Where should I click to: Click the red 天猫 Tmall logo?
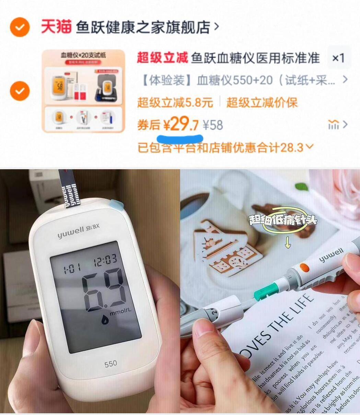(x=56, y=27)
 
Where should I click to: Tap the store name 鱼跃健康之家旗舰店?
(x=142, y=27)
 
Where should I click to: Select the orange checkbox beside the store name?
(x=20, y=27)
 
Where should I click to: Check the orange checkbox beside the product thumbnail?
(x=20, y=91)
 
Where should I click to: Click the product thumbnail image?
(x=83, y=91)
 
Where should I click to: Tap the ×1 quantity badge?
(x=338, y=58)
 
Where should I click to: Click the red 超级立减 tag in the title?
(x=162, y=58)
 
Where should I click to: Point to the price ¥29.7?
(x=181, y=125)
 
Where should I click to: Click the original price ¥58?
(x=213, y=125)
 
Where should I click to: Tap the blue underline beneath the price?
(x=179, y=139)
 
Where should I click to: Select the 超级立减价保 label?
(x=262, y=102)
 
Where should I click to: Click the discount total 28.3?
(x=292, y=148)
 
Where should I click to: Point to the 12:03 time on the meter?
(x=105, y=261)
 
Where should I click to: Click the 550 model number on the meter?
(x=111, y=364)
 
